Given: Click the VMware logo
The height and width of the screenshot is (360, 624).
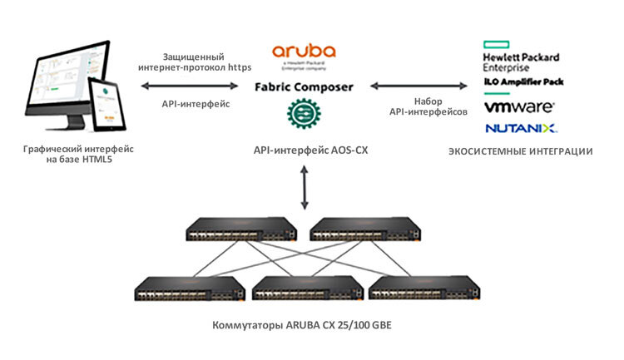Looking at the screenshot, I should (x=520, y=107).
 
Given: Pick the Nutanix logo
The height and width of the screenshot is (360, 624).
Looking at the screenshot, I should (x=520, y=127).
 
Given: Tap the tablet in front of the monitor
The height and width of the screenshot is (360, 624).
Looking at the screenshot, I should (x=107, y=105).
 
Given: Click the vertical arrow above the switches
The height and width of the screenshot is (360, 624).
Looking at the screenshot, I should (x=304, y=187).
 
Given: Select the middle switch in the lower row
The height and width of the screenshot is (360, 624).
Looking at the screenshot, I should (x=305, y=288).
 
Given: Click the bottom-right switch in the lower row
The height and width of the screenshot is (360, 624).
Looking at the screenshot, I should (x=423, y=288).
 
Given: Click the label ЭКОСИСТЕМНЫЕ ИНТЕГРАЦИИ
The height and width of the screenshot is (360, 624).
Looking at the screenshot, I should (x=520, y=151).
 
